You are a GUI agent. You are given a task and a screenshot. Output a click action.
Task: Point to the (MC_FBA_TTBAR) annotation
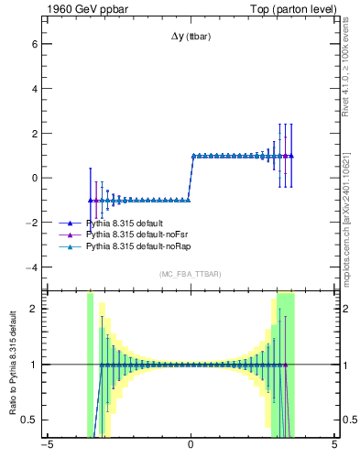tap(191, 274)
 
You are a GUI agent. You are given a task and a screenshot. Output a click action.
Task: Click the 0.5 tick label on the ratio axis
tap(28, 420)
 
